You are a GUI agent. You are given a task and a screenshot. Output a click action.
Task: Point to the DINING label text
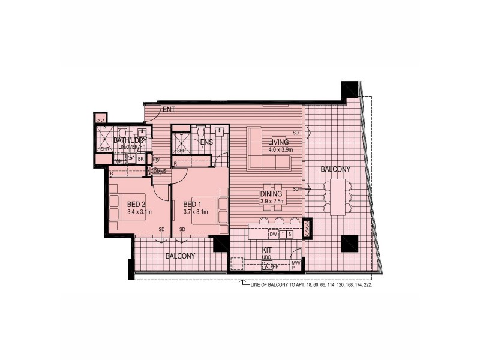[x=272, y=194]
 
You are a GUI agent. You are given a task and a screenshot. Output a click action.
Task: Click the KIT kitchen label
[x=268, y=251]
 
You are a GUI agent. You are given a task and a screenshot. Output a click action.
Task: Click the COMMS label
[x=158, y=171]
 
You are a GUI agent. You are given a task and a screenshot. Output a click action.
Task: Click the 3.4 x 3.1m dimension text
[x=139, y=212]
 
